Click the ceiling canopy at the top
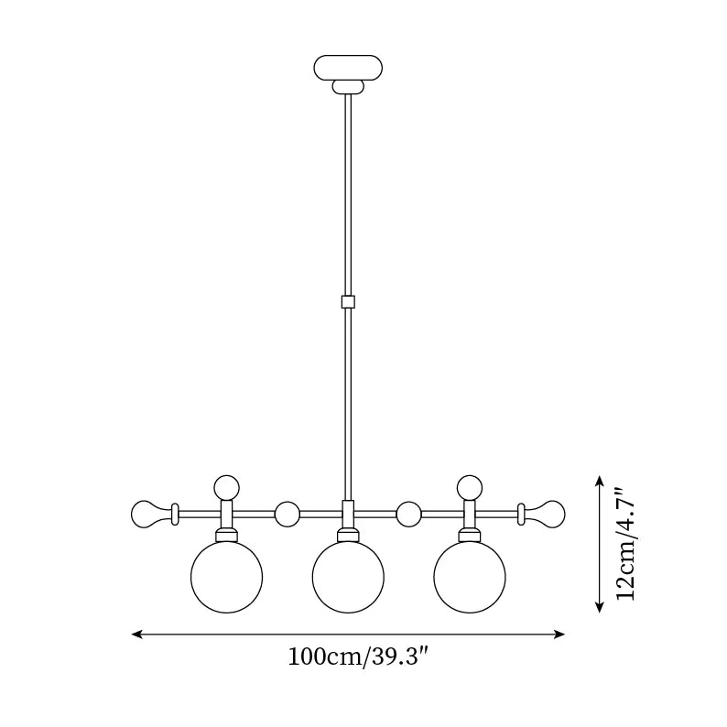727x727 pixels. point(348,67)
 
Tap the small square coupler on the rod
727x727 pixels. point(347,301)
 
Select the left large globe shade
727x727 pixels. point(226,578)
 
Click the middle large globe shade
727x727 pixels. point(348,578)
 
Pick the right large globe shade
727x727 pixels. point(470,578)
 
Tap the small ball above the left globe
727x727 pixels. point(226,487)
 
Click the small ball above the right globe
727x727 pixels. point(470,487)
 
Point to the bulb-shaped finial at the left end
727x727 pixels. point(148,514)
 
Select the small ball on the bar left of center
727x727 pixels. point(288,514)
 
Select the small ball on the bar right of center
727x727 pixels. point(408,514)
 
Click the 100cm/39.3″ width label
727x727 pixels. point(358,657)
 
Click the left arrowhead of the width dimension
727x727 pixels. point(136,634)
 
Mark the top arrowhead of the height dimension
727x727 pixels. point(599,480)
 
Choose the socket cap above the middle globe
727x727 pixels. point(348,535)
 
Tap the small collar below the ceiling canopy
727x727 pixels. point(348,87)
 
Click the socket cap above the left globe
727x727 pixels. point(226,535)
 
